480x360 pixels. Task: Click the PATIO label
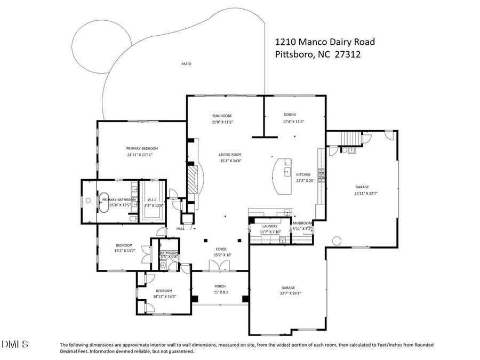point(186,64)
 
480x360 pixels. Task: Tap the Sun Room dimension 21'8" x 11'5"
point(222,122)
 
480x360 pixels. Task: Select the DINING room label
point(290,114)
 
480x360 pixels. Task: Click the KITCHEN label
point(303,174)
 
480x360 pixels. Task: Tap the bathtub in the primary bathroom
point(104,201)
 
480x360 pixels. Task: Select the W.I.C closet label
point(152,200)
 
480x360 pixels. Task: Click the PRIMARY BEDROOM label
point(142,148)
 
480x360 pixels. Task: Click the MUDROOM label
point(302,223)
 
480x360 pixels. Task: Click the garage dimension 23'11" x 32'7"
point(362,194)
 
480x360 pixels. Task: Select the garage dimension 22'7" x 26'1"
point(287,293)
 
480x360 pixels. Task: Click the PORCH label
point(220,286)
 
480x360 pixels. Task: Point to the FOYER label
point(221,249)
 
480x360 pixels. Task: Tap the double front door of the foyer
point(215,267)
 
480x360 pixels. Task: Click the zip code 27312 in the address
point(350,53)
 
